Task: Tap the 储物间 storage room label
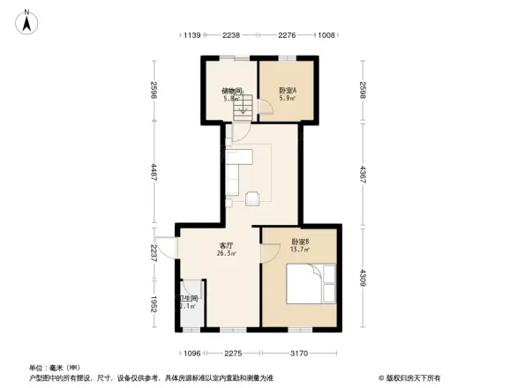(x=232, y=91)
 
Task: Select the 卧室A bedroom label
(x=288, y=91)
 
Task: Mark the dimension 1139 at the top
(x=193, y=35)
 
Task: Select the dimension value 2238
(x=231, y=35)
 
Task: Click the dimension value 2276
(x=287, y=35)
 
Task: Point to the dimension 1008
(x=326, y=35)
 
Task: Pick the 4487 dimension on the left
(x=153, y=172)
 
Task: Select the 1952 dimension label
(x=153, y=305)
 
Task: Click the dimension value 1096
(x=191, y=354)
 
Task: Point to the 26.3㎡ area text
(x=227, y=254)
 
